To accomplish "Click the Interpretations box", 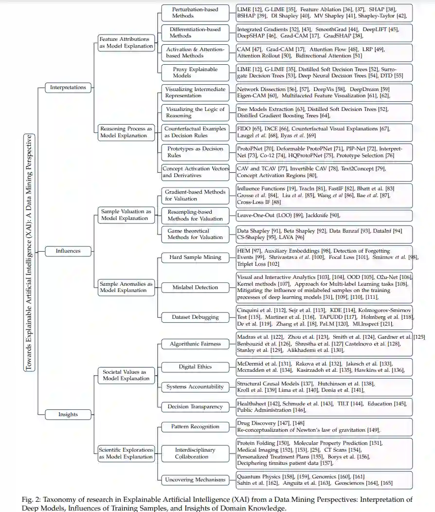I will (x=68, y=88).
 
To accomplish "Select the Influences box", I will (x=68, y=251).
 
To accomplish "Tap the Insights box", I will (x=68, y=415).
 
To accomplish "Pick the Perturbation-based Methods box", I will (x=195, y=13).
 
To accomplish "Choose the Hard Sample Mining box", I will (x=195, y=257).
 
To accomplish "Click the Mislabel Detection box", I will (x=195, y=287).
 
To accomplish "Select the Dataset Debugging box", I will (x=195, y=317).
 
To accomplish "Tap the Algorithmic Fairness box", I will (x=195, y=344).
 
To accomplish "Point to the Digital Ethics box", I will (x=195, y=366).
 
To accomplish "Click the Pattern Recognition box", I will (x=195, y=427).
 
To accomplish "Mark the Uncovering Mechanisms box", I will (x=195, y=480).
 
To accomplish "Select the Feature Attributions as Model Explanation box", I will (x=127, y=42).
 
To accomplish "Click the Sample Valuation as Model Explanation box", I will (x=127, y=215).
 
